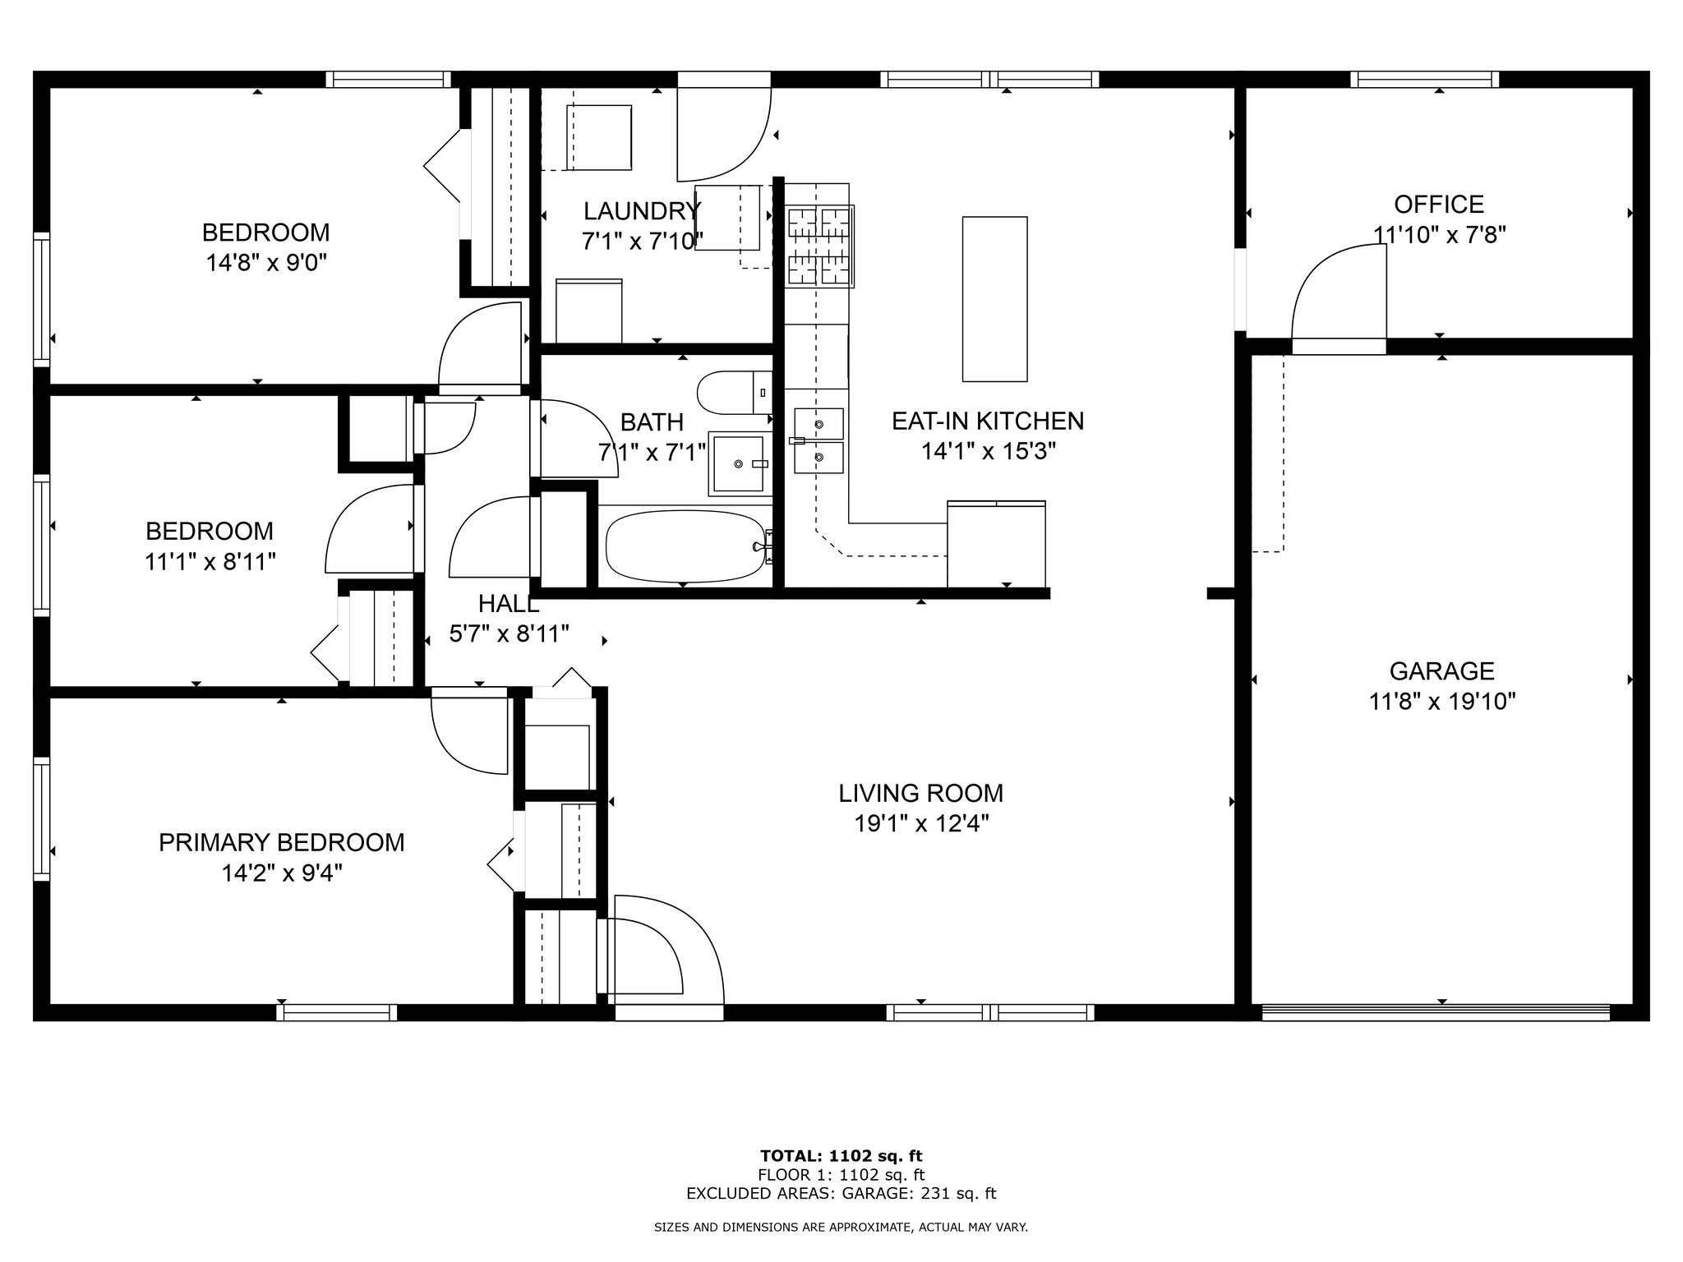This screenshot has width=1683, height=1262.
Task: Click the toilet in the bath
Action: tap(735, 394)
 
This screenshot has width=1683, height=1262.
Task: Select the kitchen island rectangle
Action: tap(994, 299)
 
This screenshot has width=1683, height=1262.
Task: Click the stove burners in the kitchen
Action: tap(819, 246)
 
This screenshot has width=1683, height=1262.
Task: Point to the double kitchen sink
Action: tap(818, 441)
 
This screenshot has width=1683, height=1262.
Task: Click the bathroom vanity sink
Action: tap(740, 464)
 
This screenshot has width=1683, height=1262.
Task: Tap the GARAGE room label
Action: tap(1441, 671)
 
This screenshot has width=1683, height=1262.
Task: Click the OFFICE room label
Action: tap(1439, 204)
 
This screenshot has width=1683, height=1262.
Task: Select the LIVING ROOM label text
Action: tap(920, 793)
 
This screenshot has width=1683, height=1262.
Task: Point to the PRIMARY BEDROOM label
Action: tap(281, 842)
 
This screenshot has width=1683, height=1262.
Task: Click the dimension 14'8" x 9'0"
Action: tap(266, 263)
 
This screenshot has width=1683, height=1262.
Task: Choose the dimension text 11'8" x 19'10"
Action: tap(1441, 702)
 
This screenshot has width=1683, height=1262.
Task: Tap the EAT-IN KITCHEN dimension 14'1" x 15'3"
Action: tap(988, 451)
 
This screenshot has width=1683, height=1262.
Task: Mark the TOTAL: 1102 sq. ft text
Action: tap(841, 1157)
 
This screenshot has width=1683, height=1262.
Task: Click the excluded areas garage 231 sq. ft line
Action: tap(841, 1194)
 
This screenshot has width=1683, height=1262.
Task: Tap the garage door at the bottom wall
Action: tap(1435, 1012)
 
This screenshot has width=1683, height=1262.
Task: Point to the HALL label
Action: tap(509, 604)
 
